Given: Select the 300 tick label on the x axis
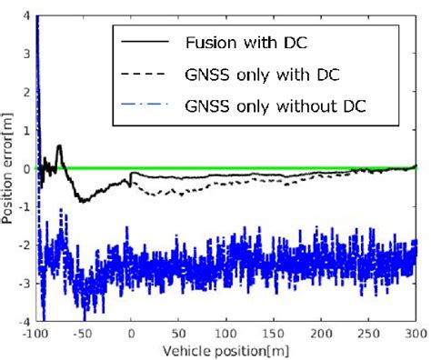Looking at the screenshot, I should click(x=415, y=334).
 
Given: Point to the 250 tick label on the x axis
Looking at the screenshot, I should click(x=367, y=334).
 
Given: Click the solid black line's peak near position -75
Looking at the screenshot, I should click(x=60, y=145).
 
